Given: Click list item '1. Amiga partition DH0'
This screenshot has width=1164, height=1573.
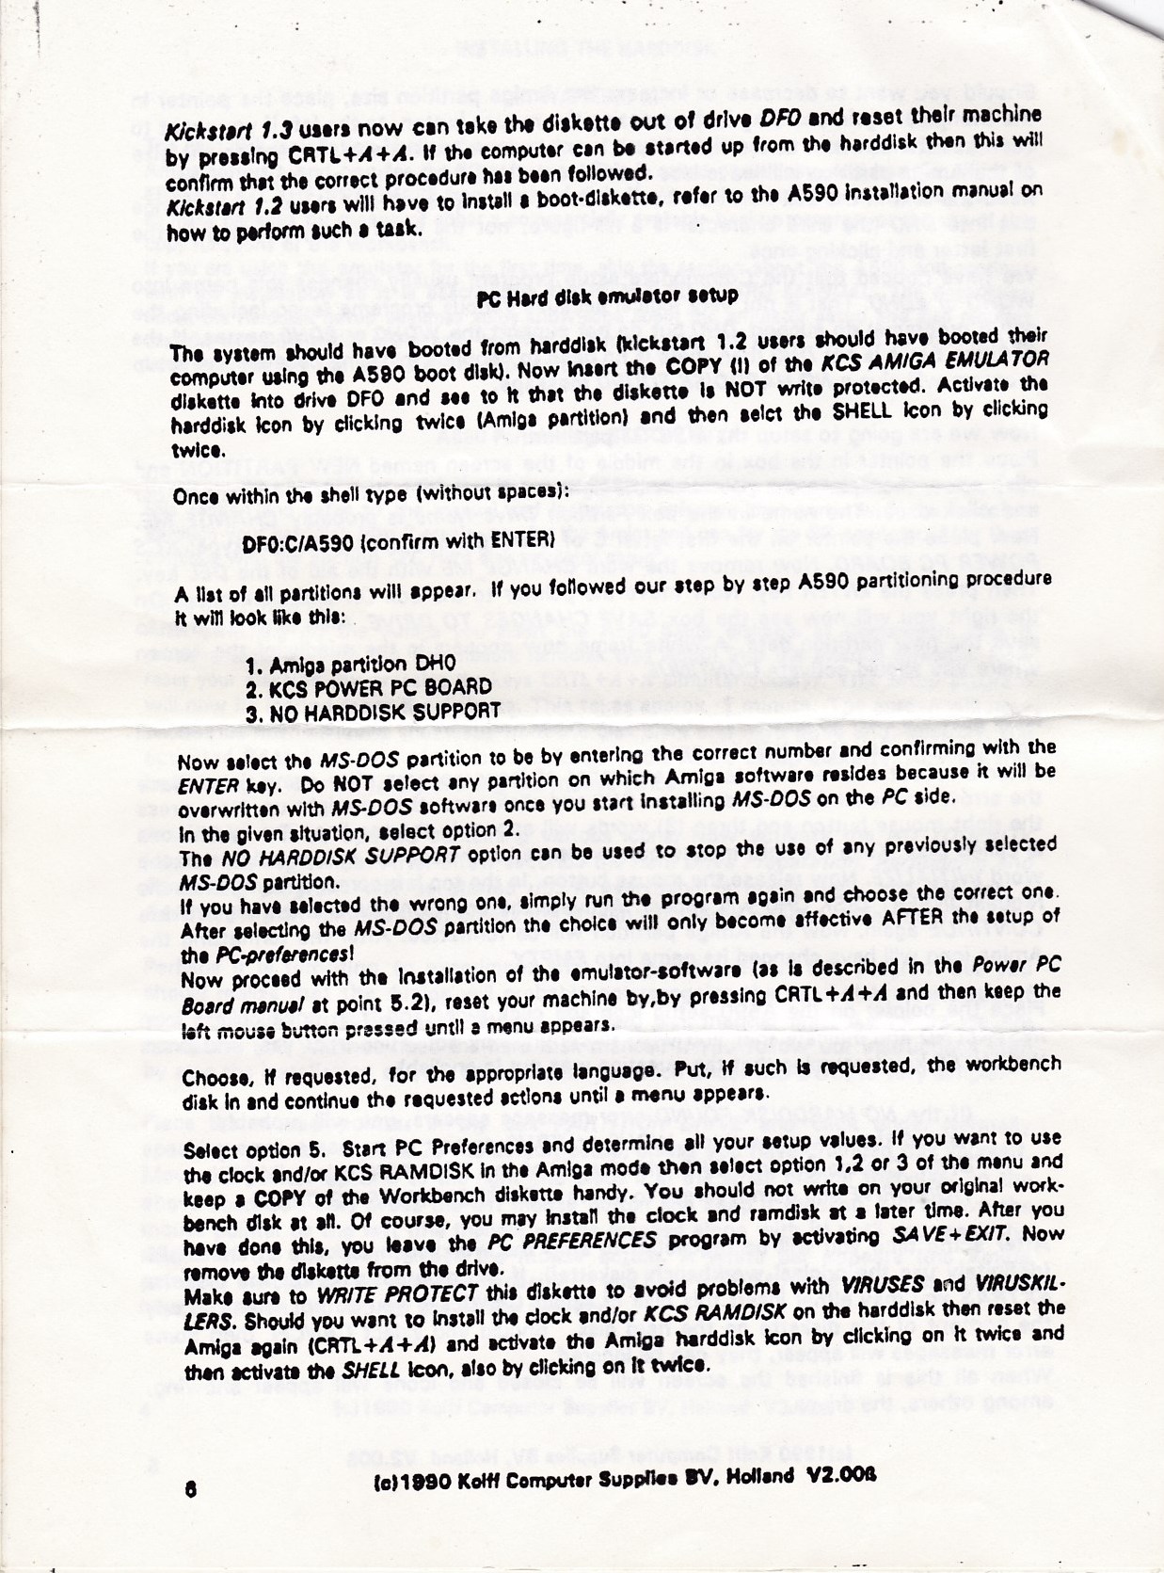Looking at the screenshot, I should point(350,666).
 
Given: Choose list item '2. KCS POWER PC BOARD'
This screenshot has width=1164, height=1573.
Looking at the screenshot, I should point(368,688).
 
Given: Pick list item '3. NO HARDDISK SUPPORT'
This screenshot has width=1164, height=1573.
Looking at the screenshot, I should point(373,712).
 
